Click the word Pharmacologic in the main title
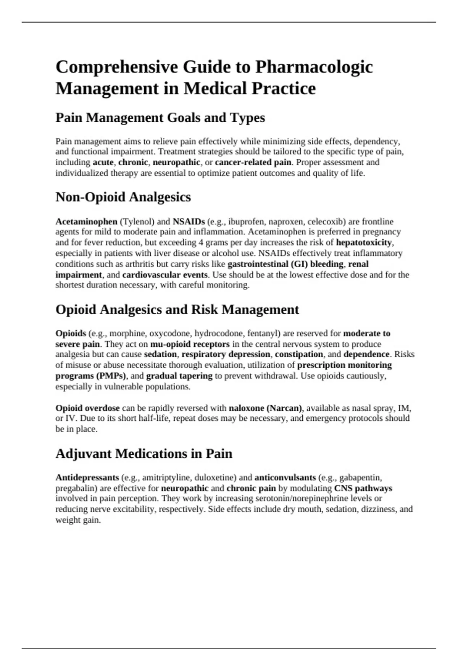[314, 67]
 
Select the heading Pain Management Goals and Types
[160, 118]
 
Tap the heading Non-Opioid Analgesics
[123, 197]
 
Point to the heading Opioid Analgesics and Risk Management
[177, 309]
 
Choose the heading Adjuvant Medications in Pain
[144, 454]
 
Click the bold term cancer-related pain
[253, 162]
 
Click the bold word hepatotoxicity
[364, 242]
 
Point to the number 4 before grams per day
[201, 242]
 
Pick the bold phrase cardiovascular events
[165, 274]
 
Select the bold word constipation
[299, 354]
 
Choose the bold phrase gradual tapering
[179, 376]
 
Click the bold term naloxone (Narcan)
[265, 408]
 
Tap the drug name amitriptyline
[167, 477]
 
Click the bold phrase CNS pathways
[363, 488]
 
